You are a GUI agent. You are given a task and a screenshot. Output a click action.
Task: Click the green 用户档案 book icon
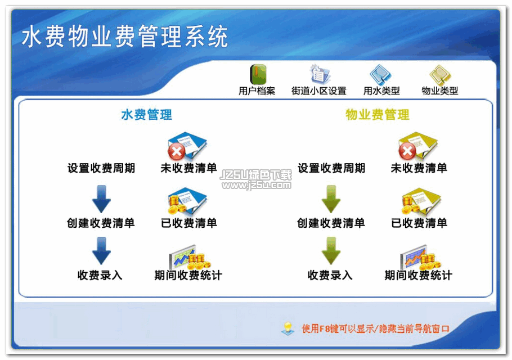(258, 74)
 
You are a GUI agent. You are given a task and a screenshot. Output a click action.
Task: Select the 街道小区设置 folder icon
(320, 74)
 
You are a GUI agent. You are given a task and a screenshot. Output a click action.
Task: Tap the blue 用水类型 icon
(380, 74)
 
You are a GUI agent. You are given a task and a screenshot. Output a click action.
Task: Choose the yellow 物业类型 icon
(440, 74)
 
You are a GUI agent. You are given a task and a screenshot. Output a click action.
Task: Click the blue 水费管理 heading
(147, 115)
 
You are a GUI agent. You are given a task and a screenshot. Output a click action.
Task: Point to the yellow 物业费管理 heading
(377, 115)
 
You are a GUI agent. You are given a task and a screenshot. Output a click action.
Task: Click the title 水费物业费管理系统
(124, 36)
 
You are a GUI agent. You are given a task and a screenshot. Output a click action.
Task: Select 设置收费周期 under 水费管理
(101, 168)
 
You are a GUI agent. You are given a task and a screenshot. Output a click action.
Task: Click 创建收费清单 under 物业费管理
(331, 223)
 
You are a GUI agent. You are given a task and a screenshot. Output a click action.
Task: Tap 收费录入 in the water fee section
(100, 275)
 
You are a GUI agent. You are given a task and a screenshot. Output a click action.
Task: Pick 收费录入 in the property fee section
(330, 275)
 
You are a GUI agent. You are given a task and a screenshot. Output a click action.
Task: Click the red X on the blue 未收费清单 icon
(177, 151)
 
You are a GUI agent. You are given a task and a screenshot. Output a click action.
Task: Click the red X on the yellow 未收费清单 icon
(407, 151)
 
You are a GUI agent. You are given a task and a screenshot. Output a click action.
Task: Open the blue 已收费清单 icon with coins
(187, 201)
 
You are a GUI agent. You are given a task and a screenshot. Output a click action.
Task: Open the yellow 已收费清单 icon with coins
(421, 201)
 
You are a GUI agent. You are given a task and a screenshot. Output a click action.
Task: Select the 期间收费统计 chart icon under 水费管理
(190, 257)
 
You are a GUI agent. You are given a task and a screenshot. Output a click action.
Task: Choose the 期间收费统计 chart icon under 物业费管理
(421, 257)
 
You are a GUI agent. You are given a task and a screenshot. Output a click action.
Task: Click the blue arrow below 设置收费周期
(101, 199)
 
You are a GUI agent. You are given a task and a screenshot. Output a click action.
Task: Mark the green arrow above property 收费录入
(331, 251)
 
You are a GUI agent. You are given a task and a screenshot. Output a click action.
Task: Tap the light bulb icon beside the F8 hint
(288, 328)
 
